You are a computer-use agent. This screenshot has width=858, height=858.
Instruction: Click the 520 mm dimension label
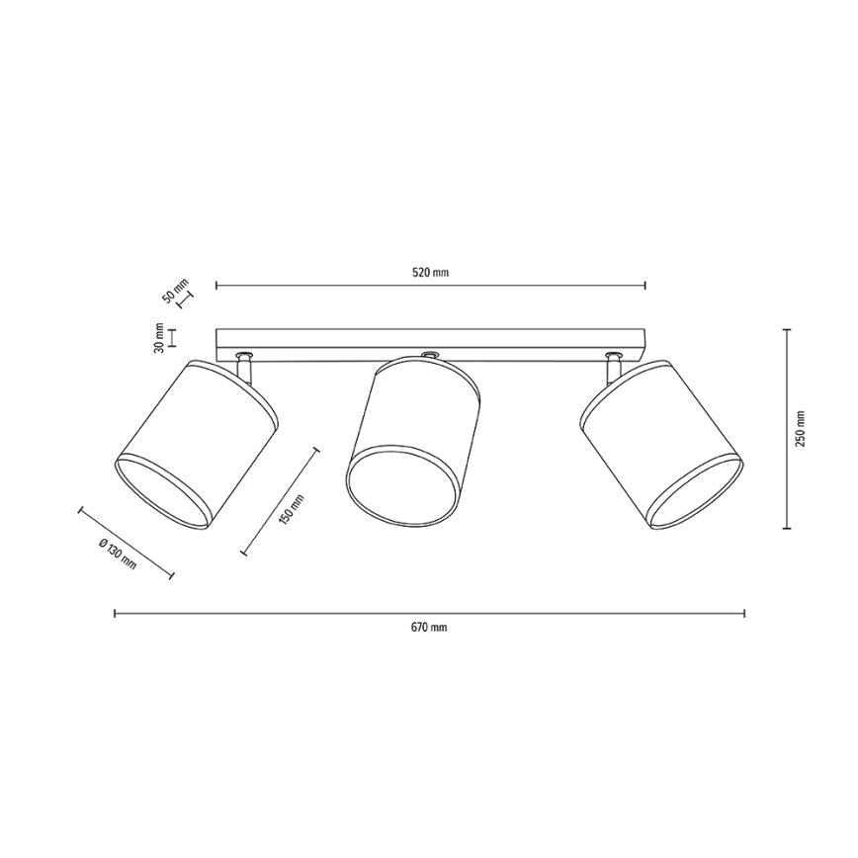tap(430, 273)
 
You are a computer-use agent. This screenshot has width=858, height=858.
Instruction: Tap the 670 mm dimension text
tap(429, 628)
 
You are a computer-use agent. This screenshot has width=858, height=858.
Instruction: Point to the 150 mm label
tap(291, 509)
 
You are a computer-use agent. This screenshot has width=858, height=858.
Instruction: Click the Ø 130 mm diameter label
tap(117, 554)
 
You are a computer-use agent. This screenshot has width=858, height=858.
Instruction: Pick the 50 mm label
tap(175, 291)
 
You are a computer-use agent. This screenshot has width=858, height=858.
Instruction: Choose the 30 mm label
tap(159, 337)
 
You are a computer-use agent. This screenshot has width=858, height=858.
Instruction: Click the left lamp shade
tap(196, 445)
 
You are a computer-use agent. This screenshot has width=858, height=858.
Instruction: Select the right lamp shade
tap(661, 443)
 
